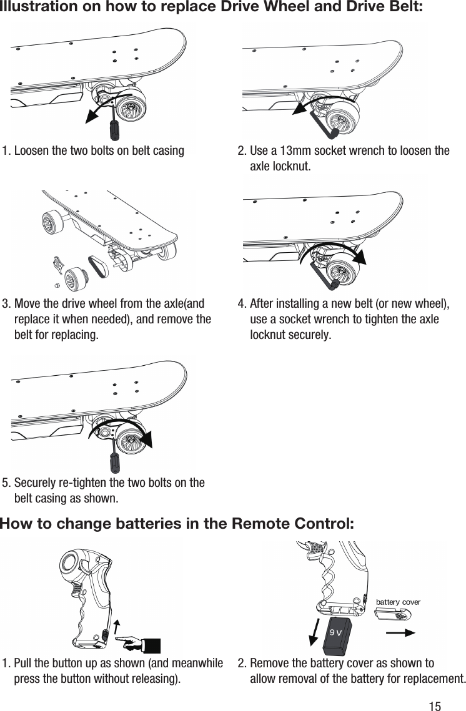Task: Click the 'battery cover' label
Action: click(x=398, y=602)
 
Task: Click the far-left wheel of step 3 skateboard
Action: click(x=51, y=222)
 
